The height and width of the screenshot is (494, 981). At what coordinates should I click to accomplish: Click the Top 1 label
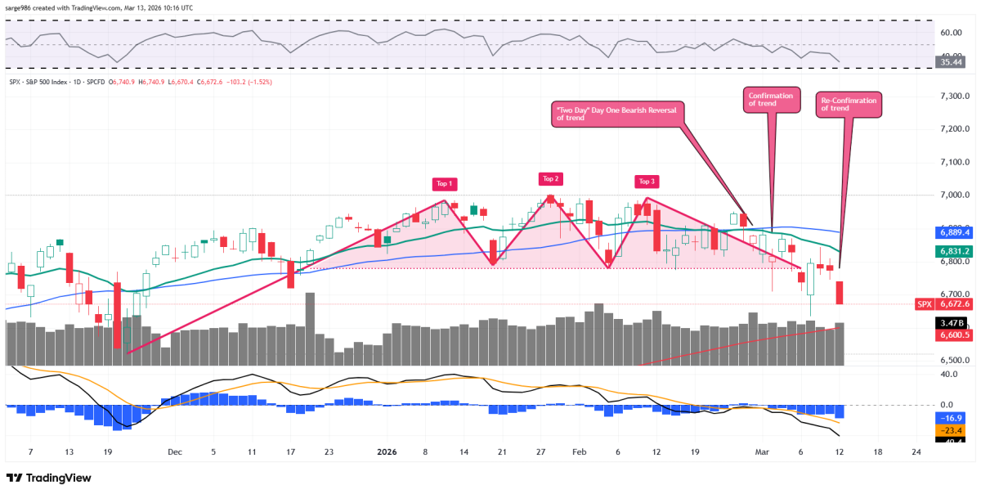(445, 184)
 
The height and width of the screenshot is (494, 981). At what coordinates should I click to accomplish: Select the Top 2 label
(550, 179)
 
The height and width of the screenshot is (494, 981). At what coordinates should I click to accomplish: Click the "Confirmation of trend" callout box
(770, 101)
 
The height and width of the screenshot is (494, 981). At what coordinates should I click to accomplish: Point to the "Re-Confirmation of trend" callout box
(850, 105)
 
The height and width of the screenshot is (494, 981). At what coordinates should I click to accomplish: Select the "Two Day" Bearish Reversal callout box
(618, 114)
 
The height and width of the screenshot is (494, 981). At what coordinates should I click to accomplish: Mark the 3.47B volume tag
(952, 323)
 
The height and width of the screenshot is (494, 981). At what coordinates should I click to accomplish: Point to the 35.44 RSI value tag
(952, 61)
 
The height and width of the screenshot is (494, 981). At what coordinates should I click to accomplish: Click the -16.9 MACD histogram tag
(952, 417)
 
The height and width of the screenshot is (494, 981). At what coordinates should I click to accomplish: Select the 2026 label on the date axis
(387, 451)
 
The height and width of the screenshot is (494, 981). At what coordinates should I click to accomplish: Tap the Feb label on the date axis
(580, 451)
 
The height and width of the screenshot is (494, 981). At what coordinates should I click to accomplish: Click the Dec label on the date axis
(174, 451)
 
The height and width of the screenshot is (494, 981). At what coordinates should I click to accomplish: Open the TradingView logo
(49, 478)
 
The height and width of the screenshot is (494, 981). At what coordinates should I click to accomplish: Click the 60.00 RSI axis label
(951, 34)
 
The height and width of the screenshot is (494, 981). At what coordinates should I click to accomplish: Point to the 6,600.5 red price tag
(952, 335)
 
